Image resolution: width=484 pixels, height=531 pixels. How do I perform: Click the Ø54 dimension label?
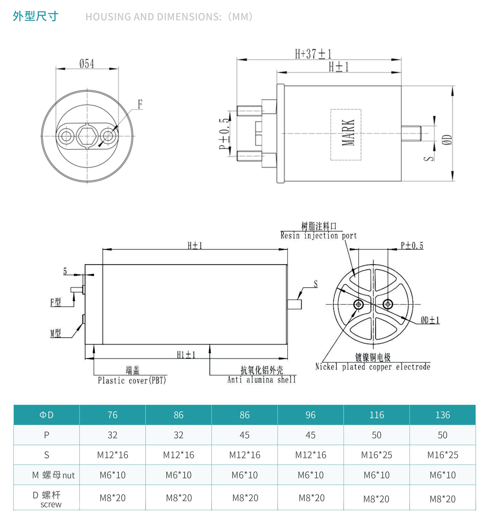pyautogui.click(x=87, y=64)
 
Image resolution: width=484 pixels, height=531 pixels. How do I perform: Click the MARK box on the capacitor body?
pyautogui.click(x=346, y=135)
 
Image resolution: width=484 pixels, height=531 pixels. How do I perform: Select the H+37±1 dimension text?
pyautogui.click(x=313, y=54)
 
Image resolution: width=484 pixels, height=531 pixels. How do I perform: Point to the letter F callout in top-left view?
pyautogui.click(x=140, y=104)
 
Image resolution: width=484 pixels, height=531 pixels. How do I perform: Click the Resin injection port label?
pyautogui.click(x=318, y=235)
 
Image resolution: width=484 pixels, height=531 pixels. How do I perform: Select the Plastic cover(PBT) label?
pyautogui.click(x=132, y=380)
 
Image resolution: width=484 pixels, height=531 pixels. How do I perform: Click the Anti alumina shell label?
pyautogui.click(x=262, y=380)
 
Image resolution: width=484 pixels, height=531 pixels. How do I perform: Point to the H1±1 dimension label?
pyautogui.click(x=186, y=355)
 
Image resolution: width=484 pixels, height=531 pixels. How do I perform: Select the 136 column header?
pyautogui.click(x=443, y=415)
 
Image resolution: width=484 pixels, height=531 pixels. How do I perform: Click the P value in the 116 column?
pyautogui.click(x=376, y=435)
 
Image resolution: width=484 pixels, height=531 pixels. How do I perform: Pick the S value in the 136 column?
pyautogui.click(x=443, y=455)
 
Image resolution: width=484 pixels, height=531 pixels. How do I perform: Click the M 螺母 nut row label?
pyautogui.click(x=53, y=475)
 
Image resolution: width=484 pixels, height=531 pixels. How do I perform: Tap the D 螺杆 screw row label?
pyautogui.click(x=47, y=499)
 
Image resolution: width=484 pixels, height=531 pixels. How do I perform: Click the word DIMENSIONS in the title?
pyautogui.click(x=189, y=17)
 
